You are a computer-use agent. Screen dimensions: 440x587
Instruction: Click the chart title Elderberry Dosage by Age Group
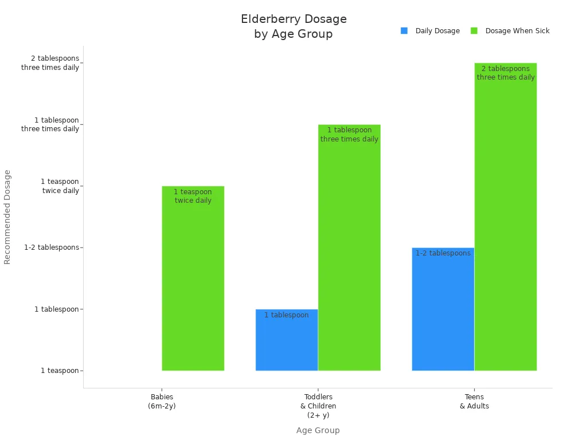[293, 27]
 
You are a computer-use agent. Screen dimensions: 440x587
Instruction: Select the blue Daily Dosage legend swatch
[404, 31]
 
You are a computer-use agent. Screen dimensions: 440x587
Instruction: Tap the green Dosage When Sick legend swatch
[474, 31]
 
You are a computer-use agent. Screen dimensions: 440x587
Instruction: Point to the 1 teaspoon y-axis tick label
[60, 371]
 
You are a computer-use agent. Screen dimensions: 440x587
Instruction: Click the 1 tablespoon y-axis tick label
[56, 309]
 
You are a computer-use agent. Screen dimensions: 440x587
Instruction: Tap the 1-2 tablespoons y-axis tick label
[52, 247]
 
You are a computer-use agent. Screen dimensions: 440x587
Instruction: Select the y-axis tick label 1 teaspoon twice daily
[60, 186]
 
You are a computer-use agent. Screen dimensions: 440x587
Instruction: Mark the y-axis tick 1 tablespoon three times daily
[50, 124]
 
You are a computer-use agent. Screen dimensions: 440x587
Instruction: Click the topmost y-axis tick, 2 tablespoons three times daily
[50, 63]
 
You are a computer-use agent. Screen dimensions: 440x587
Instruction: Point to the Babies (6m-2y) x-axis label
[162, 401]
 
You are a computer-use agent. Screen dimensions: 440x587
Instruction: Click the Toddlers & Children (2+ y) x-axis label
[318, 406]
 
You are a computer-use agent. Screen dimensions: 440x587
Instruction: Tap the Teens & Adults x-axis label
[474, 401]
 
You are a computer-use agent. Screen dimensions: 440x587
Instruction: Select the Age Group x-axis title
[318, 430]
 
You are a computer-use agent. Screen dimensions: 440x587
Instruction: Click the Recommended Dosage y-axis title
[7, 217]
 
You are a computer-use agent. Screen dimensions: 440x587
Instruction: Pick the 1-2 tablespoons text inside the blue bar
[443, 253]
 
